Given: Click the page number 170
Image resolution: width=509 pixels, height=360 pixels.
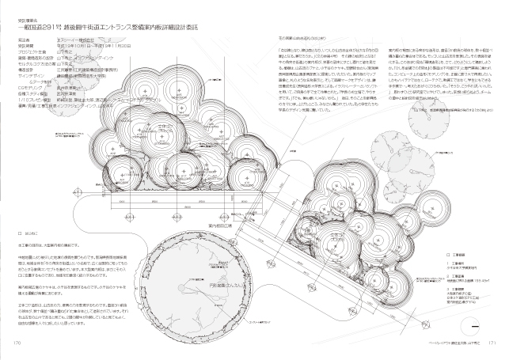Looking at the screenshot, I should pos(17,343).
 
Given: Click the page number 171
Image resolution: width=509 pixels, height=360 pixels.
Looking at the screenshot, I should pos(490,343).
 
